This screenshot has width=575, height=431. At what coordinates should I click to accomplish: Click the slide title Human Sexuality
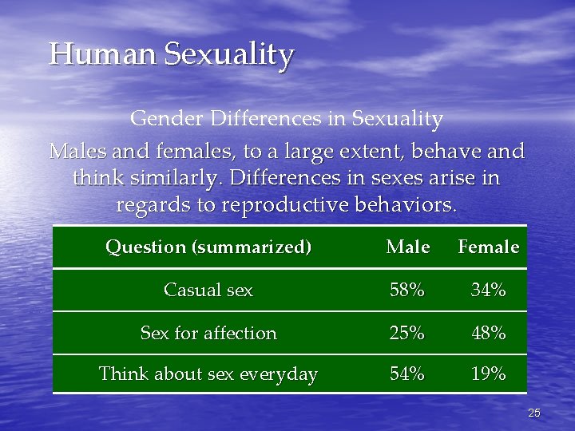coord(172,55)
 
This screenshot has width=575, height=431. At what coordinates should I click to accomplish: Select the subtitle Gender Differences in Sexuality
coord(287,119)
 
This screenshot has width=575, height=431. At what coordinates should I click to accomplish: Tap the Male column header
coord(407,247)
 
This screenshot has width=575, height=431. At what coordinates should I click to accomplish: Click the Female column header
coord(488,247)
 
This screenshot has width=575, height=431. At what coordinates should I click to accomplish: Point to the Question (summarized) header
coord(208,247)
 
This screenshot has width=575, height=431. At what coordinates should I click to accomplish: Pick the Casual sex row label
coord(208,291)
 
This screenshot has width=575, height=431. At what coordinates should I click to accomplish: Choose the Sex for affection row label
coord(208,334)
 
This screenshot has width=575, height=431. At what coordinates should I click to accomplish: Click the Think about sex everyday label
coord(208,374)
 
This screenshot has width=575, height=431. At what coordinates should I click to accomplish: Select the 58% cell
coord(407,291)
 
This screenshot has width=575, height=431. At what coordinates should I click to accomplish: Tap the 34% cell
coord(488,291)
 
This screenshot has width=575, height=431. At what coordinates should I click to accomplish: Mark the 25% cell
coord(407,334)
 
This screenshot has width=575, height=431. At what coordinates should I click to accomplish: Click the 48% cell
coord(488,334)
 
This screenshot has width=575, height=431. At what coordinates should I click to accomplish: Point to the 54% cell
coord(407,374)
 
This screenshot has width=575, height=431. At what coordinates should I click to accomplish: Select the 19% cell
coord(488,374)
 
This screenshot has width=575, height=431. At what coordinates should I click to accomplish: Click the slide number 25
coord(534,413)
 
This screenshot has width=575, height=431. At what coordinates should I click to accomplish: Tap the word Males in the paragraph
coord(76,151)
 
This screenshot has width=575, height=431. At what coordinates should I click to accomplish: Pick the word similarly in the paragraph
coord(169,178)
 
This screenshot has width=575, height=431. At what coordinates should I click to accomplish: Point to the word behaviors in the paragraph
coord(407,205)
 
